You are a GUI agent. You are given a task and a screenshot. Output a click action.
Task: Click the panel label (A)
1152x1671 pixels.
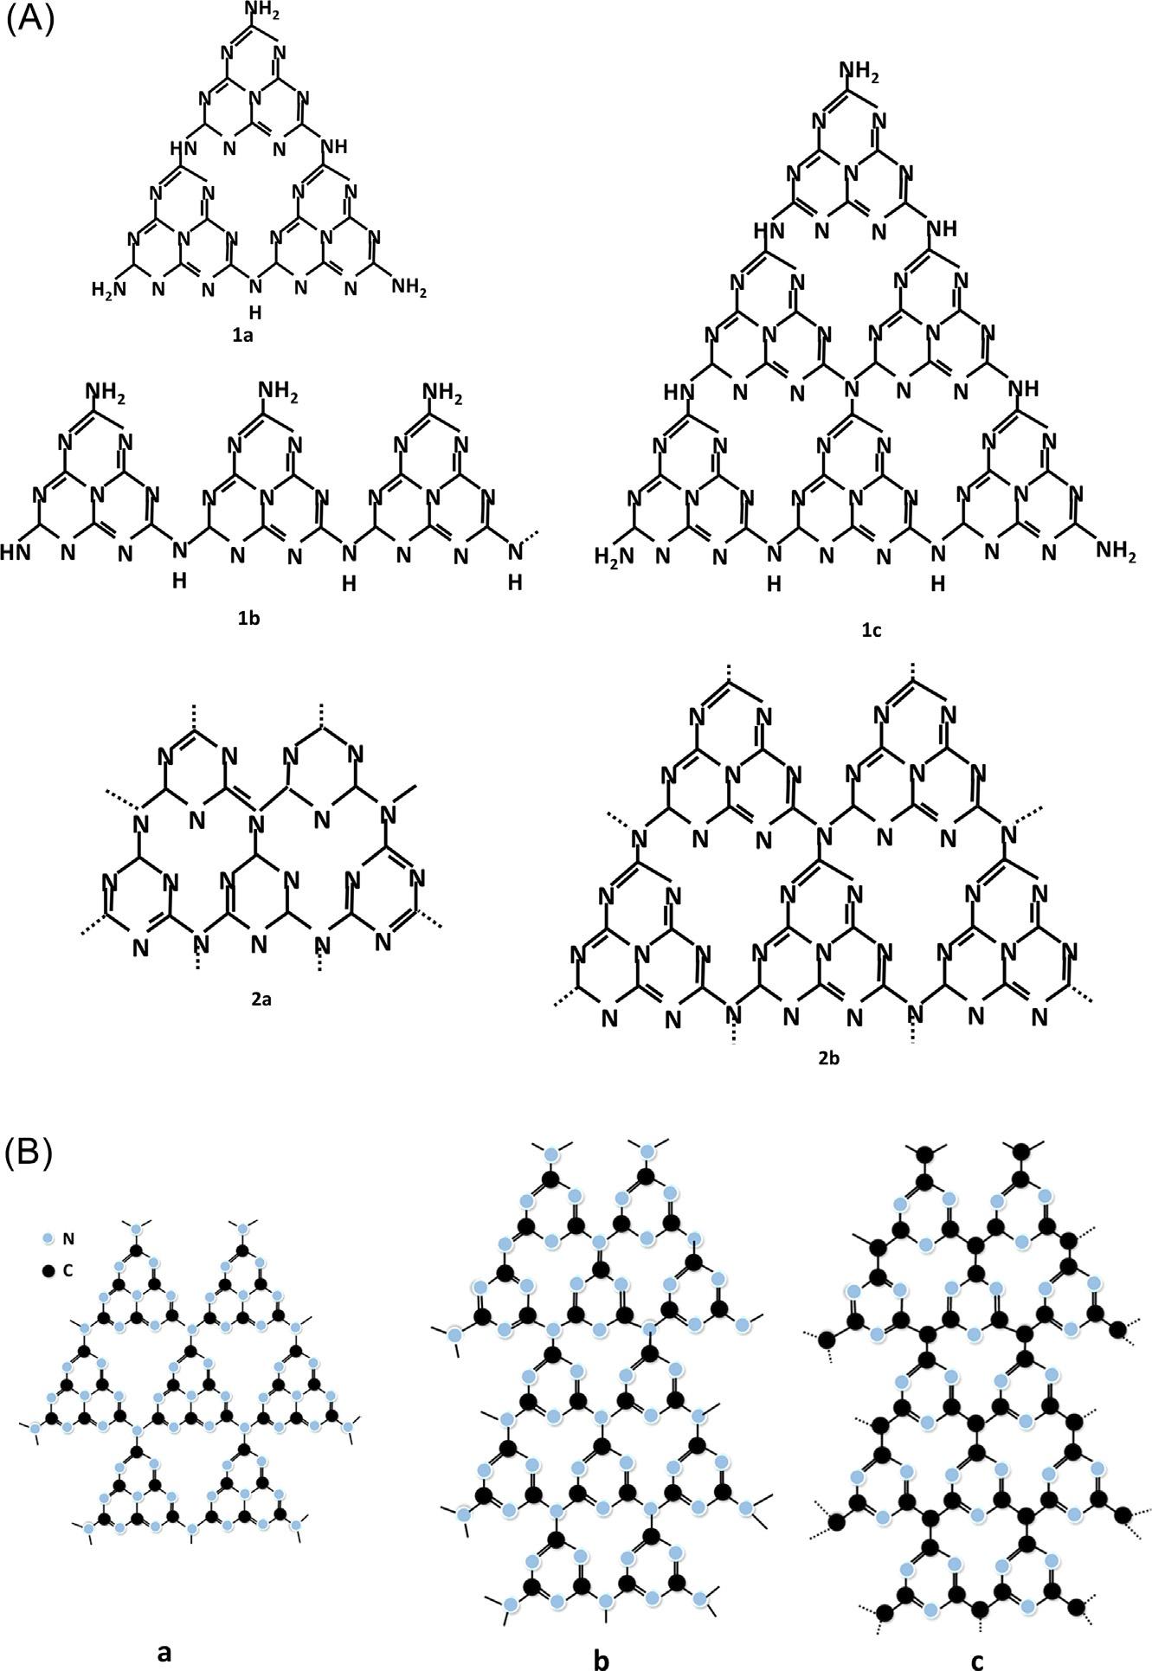[30, 18]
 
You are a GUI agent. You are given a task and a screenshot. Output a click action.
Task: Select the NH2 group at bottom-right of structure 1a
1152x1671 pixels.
[409, 287]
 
